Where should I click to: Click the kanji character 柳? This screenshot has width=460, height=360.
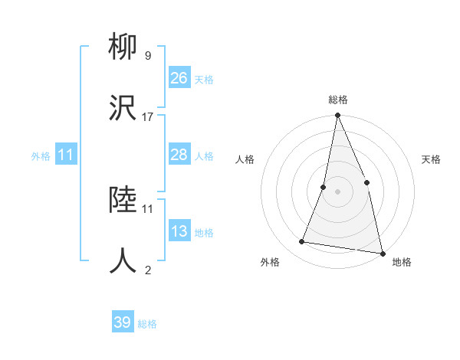tap(123, 48)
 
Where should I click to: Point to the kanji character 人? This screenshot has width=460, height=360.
tap(123, 260)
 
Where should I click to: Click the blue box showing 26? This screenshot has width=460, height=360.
tap(179, 78)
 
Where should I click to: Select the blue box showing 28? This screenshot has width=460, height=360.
tap(179, 155)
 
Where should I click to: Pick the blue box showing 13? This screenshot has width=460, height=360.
tap(179, 231)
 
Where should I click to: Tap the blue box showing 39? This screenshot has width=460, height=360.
tap(123, 322)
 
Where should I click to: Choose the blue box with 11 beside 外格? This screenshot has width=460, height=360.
tap(66, 155)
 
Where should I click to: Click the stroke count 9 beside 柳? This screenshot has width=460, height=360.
tap(147, 56)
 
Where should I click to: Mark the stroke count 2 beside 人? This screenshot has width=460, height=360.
tap(147, 270)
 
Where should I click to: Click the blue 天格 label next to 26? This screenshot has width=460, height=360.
tap(203, 80)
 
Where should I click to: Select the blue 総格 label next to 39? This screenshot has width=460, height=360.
tap(147, 324)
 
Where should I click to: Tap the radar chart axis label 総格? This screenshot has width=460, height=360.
tap(337, 100)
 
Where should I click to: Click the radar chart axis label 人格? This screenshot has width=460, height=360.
tap(245, 159)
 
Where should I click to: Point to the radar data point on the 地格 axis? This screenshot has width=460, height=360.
tap(382, 252)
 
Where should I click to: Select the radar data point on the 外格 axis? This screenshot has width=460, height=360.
tap(301, 242)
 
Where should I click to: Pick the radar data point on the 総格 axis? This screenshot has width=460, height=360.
tap(337, 116)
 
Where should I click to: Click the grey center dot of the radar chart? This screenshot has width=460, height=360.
tap(337, 191)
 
